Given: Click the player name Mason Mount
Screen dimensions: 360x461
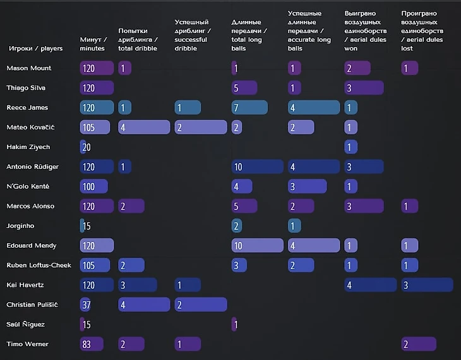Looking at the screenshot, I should (29, 68).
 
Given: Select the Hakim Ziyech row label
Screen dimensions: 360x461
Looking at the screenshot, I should (28, 147).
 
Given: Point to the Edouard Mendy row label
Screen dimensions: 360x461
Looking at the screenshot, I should (32, 246).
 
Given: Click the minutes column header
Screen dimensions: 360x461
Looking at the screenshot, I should (93, 44).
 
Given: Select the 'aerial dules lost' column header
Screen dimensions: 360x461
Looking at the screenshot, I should (422, 30).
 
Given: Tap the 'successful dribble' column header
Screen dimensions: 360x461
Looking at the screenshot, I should (193, 35).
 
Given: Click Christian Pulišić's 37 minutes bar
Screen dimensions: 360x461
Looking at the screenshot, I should (85, 305).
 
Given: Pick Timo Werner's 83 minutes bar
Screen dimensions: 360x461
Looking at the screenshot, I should (92, 344).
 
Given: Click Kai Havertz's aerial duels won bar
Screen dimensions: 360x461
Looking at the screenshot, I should (371, 285).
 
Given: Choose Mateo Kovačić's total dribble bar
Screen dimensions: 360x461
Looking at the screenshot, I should (144, 128).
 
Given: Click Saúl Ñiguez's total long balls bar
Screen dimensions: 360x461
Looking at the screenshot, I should (234, 325).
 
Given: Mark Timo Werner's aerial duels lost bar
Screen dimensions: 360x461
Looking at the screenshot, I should (419, 344).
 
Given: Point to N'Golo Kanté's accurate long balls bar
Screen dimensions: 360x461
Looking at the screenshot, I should (307, 186).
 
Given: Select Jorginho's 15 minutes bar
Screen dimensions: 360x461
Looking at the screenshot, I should (82, 226).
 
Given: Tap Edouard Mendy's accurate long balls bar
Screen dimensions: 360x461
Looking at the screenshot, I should (313, 246).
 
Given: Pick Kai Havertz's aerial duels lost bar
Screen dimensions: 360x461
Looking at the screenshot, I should (427, 285).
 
